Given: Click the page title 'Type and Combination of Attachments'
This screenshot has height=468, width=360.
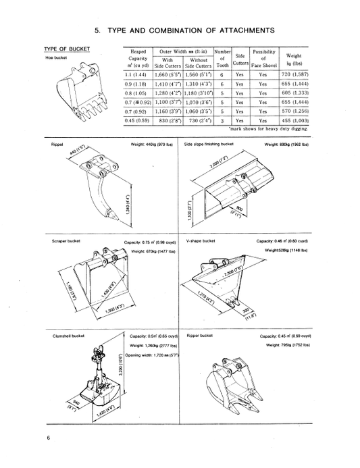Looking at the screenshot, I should coord(184,30).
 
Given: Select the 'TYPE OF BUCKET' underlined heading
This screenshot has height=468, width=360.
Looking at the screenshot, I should coord(67,49).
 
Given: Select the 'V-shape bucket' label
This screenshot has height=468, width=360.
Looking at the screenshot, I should coord(201,240).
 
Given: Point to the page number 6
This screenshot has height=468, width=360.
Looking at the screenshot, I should coord(49,438).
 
